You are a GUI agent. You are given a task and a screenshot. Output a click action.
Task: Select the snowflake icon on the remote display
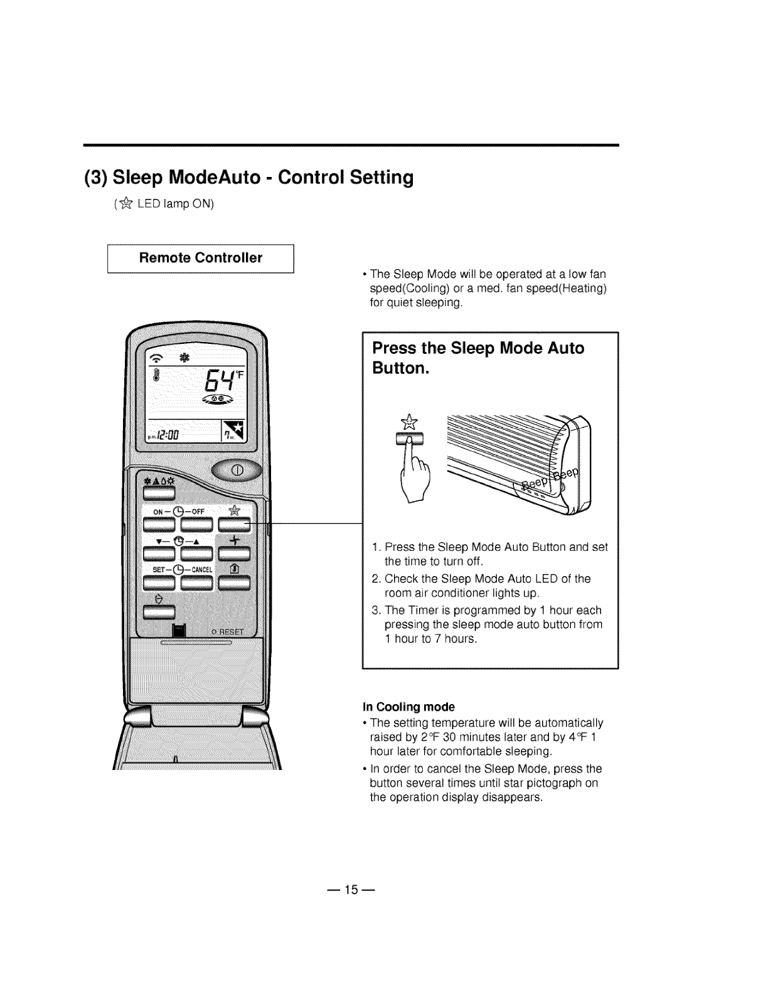tap(184, 358)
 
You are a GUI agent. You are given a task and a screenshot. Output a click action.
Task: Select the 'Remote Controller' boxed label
tap(201, 258)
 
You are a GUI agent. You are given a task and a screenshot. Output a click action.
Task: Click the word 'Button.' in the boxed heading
tap(400, 368)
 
